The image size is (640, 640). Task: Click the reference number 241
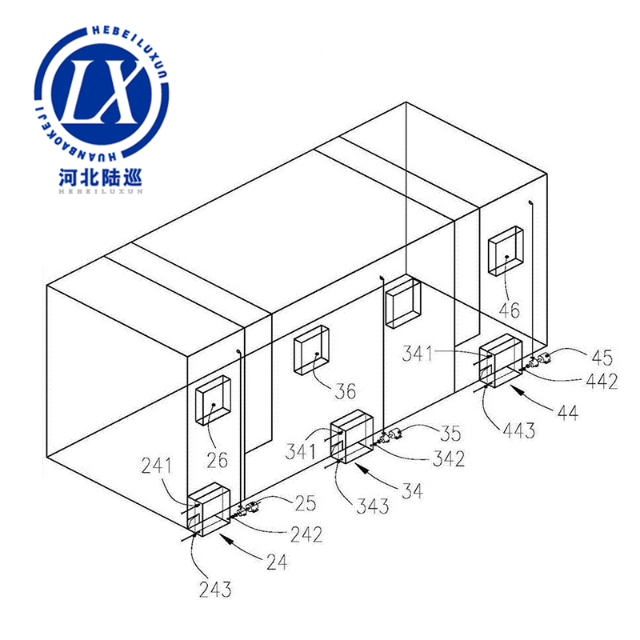point(156,466)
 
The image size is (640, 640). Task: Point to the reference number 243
point(215,589)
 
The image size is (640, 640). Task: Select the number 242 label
point(306,534)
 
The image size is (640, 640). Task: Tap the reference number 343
point(372,506)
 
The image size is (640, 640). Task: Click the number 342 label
point(449,458)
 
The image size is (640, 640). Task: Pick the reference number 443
point(518,430)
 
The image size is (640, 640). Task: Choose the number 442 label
point(602,382)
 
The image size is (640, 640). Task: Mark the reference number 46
point(510,310)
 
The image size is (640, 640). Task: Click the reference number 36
point(346,391)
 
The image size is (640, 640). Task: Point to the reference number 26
point(217,461)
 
